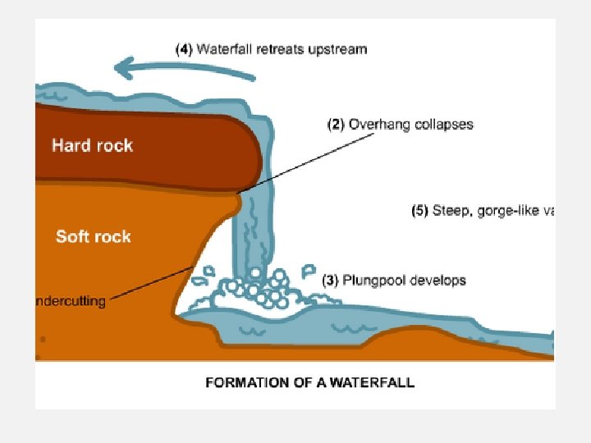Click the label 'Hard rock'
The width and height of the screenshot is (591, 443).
click(x=92, y=146)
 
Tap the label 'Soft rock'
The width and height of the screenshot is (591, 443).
click(x=93, y=237)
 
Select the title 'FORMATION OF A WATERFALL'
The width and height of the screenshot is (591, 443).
click(x=309, y=382)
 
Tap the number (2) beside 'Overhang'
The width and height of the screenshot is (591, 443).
click(x=336, y=125)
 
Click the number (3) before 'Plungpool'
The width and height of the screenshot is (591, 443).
click(x=329, y=281)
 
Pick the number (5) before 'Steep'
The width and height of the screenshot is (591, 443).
click(x=419, y=211)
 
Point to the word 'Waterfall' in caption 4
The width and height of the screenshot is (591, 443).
click(x=226, y=49)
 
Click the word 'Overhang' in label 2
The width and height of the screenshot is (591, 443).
click(x=378, y=125)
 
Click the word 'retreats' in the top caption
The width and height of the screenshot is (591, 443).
click(x=281, y=49)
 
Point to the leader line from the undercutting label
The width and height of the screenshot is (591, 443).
click(x=152, y=283)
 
